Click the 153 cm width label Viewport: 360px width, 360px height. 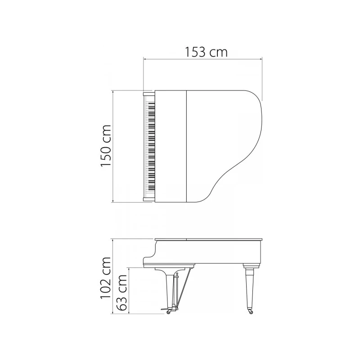point(206,52)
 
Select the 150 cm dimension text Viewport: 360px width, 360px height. point(106,146)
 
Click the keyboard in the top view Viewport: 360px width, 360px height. point(150,146)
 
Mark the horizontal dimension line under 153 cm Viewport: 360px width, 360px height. point(202,58)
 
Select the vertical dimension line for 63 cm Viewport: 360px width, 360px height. point(129,291)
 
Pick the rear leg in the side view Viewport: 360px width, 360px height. point(249,288)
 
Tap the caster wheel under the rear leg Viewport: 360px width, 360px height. point(251,312)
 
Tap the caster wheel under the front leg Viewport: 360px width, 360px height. point(169,312)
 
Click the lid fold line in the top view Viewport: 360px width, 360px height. point(186,146)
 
